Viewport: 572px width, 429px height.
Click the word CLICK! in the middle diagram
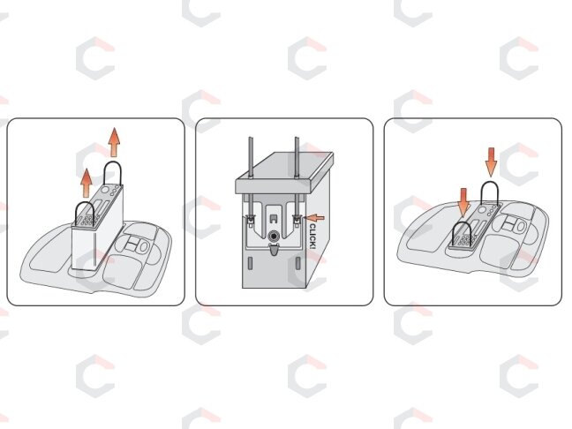(x=312, y=237)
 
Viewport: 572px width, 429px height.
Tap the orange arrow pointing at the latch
(x=315, y=218)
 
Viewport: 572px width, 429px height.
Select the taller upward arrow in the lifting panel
(x=114, y=142)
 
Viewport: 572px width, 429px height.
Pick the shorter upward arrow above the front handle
(x=87, y=183)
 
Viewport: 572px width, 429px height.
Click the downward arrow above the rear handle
(x=491, y=162)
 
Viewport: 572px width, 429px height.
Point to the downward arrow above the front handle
(x=463, y=202)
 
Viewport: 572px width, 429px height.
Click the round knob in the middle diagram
(x=274, y=237)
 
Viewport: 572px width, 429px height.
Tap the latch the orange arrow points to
(x=297, y=221)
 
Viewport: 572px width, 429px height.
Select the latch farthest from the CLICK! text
(x=251, y=221)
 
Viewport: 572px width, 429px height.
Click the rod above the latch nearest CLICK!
(x=297, y=177)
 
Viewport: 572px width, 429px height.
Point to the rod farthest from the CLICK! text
(x=251, y=177)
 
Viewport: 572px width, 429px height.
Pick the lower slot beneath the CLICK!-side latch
(x=297, y=263)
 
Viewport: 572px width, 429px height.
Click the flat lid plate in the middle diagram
(x=284, y=172)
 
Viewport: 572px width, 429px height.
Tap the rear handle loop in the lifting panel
(x=112, y=162)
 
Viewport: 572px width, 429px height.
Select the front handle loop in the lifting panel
(x=86, y=203)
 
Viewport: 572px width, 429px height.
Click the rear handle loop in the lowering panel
(x=490, y=182)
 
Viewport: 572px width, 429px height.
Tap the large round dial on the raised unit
(x=105, y=190)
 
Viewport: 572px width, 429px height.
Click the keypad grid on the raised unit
(x=87, y=221)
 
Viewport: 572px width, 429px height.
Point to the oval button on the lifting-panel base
(x=144, y=247)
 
